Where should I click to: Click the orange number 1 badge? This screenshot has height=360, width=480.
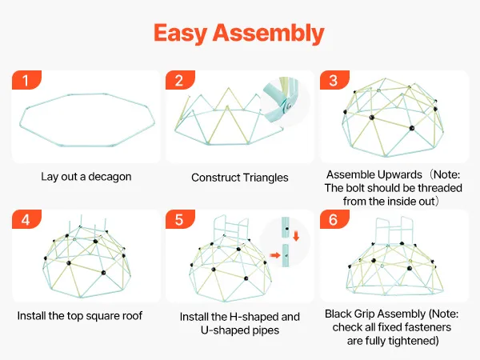26,80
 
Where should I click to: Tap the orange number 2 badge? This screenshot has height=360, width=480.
180,80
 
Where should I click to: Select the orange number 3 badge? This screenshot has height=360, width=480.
334,80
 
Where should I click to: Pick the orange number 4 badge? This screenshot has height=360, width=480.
26,220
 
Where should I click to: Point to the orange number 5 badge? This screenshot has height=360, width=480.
180,220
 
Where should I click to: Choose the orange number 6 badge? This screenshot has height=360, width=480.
334,220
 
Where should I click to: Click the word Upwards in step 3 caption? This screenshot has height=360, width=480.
394,174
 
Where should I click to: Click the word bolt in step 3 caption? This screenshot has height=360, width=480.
351,188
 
